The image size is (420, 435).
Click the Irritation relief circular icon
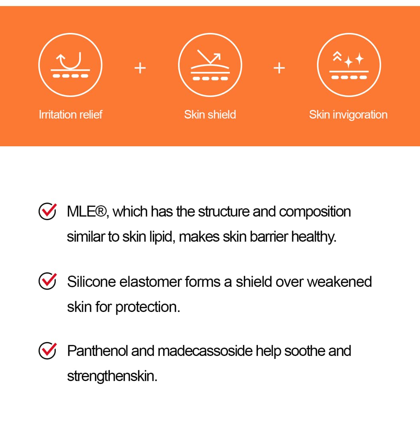[70, 65]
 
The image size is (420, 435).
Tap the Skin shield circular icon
[210, 65]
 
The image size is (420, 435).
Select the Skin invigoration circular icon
[349, 65]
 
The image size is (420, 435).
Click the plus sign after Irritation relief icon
[140, 69]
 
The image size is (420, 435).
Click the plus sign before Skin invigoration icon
[279, 69]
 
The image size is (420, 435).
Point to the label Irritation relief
[71, 115]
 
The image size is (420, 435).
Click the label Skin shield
[210, 115]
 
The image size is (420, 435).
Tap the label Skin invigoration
[348, 115]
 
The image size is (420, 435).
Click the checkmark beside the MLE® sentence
[48, 211]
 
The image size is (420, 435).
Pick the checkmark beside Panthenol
[48, 351]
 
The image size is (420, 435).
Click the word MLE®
[87, 211]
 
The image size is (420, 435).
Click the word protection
[148, 307]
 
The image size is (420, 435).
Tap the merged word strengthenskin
[112, 376]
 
